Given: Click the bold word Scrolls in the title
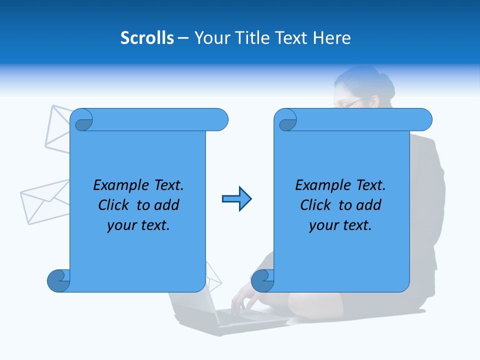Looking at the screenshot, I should point(147,37).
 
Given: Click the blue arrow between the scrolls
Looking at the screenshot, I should point(236,199).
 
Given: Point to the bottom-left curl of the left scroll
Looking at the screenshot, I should point(58,280).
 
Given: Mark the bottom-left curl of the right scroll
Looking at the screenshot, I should point(262,280).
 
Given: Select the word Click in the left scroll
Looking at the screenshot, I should point(115,205).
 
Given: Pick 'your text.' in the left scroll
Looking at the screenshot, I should point(138,225).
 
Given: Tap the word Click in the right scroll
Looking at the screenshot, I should point(317,205).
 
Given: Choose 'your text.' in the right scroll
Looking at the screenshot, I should point(340,225).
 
